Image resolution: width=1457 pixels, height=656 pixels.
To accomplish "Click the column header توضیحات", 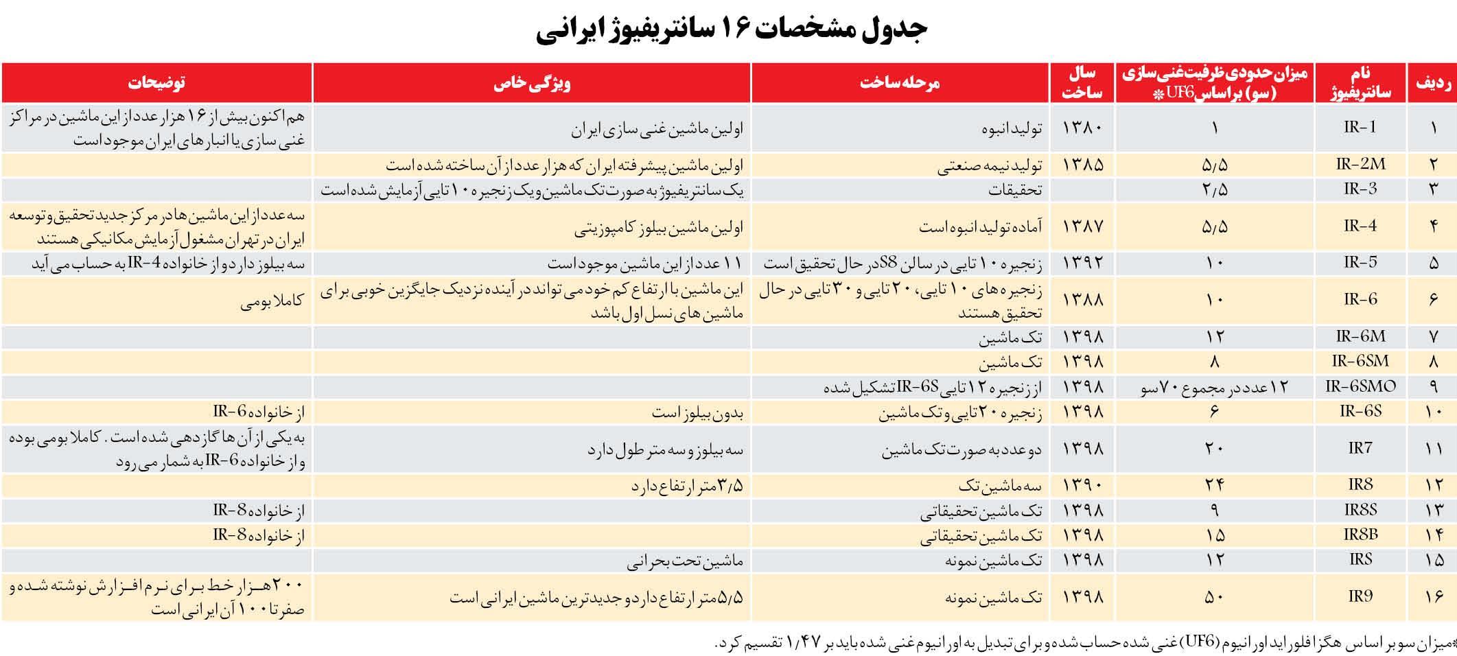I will coord(156,83).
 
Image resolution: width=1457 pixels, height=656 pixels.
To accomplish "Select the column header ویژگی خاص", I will coord(532,83).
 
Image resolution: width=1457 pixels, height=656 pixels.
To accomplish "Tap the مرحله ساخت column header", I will coord(900,83).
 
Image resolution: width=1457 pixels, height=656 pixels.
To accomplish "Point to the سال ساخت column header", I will coord(1082,83).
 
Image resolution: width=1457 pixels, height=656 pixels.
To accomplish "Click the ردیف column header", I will coord(1432,83).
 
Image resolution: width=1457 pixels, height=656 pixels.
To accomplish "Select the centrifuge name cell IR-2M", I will coord(1360,164).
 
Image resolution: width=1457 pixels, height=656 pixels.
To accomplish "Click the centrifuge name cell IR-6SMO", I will coord(1360,386).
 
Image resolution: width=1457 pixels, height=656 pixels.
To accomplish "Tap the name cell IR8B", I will coord(1360,534).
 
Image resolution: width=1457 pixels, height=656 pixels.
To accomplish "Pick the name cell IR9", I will coord(1360,596).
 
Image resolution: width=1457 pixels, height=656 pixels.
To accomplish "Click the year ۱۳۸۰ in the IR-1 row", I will coord(1083,128).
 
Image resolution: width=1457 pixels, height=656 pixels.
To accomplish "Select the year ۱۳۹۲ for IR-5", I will coord(1083,263).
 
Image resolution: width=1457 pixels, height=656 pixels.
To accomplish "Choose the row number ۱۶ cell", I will coord(1433,597).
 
